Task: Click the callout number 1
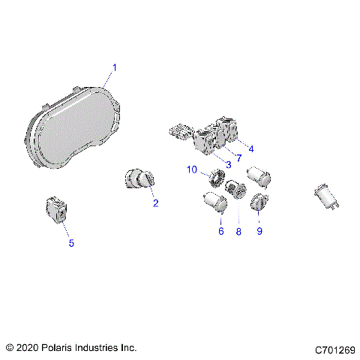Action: tap(115, 67)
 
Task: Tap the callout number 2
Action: tap(155, 202)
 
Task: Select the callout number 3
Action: tap(227, 163)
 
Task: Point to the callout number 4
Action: tap(250, 148)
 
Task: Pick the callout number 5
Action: tap(71, 242)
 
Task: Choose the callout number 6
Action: tap(221, 232)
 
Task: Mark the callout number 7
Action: tap(238, 157)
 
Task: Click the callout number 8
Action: tap(238, 232)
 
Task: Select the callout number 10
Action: tap(192, 170)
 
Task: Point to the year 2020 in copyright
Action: tap(28, 348)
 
